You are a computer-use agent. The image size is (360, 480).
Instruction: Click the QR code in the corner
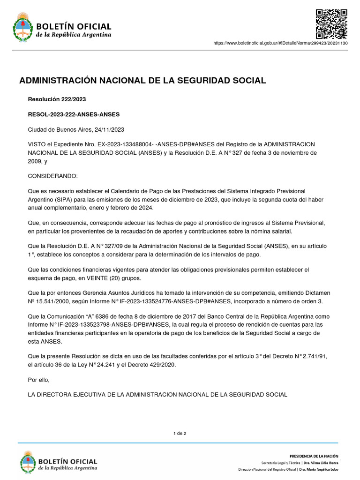[331, 24]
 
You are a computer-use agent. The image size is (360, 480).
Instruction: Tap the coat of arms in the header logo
[21, 27]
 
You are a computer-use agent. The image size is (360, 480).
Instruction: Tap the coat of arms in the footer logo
[28, 462]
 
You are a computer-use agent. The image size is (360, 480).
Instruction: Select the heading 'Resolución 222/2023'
[57, 99]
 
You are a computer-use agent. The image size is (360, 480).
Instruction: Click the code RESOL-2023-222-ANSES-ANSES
[74, 114]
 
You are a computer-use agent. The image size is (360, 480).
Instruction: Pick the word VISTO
[37, 144]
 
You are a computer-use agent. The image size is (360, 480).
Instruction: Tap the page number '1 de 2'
[180, 433]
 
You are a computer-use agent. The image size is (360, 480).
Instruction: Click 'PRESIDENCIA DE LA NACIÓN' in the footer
[314, 456]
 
